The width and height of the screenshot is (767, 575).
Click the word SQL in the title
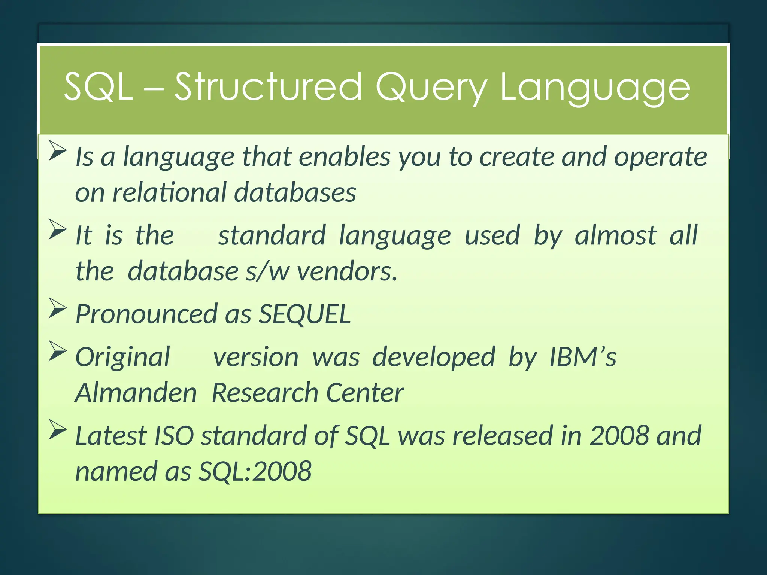point(98,87)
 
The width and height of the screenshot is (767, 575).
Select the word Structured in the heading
point(268,87)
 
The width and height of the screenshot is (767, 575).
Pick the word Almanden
point(136,393)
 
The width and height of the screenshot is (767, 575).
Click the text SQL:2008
point(255,471)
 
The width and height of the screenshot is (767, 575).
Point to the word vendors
point(347,271)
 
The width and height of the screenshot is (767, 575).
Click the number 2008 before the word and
point(619,436)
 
